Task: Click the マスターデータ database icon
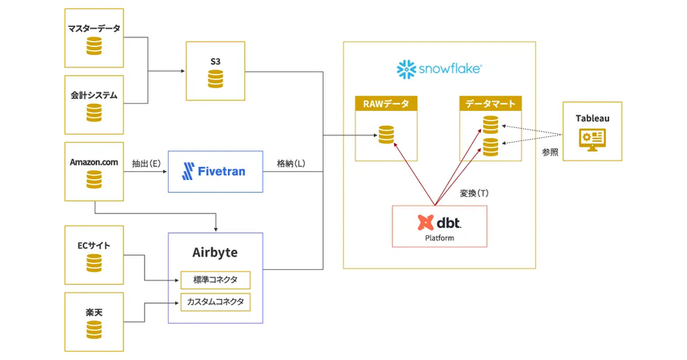point(94,46)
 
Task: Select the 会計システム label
point(94,95)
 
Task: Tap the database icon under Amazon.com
point(94,179)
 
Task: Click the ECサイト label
point(94,246)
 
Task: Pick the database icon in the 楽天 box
point(94,330)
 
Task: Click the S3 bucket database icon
point(215,79)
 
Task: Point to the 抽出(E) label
point(146,164)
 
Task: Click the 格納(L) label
point(290,164)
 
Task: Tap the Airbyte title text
point(215,252)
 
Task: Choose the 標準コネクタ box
point(215,281)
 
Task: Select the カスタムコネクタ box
point(215,302)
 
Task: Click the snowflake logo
point(439,70)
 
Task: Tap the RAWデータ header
point(386,104)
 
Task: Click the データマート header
point(490,104)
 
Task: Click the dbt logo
point(439,222)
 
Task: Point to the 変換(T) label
point(474,193)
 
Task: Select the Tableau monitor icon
point(592,139)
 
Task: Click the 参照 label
point(550,152)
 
